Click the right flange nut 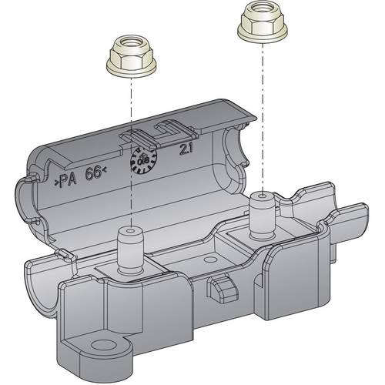261,23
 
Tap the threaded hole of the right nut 261,16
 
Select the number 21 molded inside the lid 186,149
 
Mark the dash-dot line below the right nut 261,115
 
